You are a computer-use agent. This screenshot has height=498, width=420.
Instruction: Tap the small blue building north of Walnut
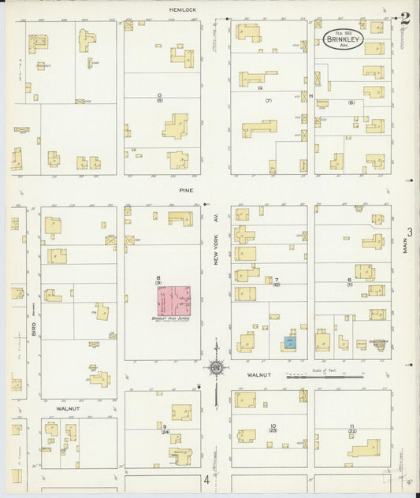click(x=290, y=343)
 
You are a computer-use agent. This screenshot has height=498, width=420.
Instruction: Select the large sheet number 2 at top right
click(x=404, y=18)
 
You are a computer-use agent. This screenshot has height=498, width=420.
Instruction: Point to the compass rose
click(x=215, y=366)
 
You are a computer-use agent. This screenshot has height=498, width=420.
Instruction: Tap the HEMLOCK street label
click(x=181, y=9)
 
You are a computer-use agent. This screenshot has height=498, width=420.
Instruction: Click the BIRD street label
click(x=34, y=331)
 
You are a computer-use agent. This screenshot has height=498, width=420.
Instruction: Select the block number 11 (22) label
click(x=351, y=429)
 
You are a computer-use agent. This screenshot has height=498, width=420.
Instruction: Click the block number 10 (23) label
click(x=273, y=429)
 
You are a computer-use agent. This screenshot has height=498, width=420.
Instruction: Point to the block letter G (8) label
click(x=159, y=97)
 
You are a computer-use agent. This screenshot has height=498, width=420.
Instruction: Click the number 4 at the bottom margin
click(x=206, y=479)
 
